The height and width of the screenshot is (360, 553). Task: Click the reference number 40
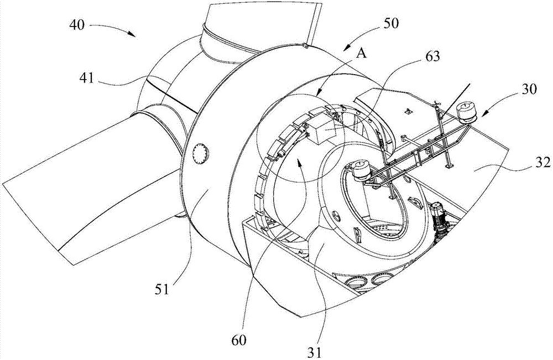pos(77,25)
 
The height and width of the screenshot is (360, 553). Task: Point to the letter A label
pos(361,53)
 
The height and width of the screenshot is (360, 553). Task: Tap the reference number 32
pos(541,163)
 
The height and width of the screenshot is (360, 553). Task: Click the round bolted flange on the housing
pos(201,153)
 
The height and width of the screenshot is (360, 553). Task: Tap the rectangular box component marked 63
pos(322,131)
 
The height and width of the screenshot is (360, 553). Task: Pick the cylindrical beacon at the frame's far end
pos(466,112)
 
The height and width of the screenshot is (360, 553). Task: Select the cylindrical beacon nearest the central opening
pos(362,170)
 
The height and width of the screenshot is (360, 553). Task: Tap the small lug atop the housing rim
pos(305,45)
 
